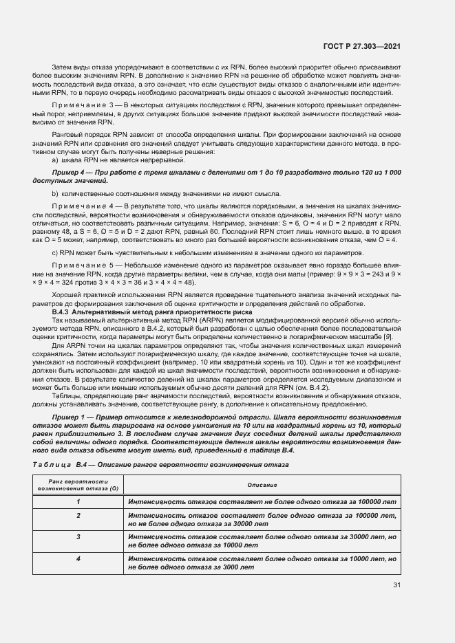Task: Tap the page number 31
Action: [x=396, y=585]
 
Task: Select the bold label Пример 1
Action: [x=72, y=417]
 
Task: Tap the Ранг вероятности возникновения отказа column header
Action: [x=78, y=486]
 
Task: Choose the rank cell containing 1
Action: [x=78, y=503]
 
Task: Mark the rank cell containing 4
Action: [x=78, y=559]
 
